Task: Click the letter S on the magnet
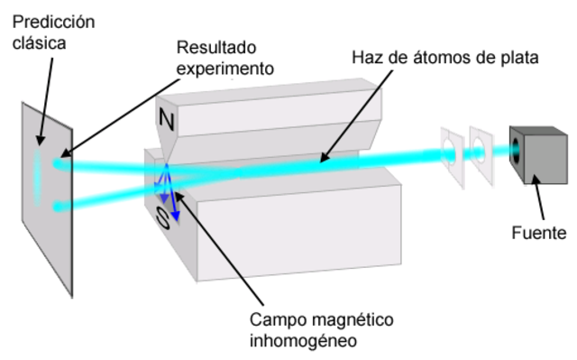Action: (x=160, y=218)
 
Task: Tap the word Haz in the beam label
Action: (x=364, y=59)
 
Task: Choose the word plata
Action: (x=517, y=59)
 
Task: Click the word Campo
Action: (x=274, y=320)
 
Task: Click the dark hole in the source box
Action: (x=516, y=148)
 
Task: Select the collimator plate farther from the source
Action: (x=450, y=154)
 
